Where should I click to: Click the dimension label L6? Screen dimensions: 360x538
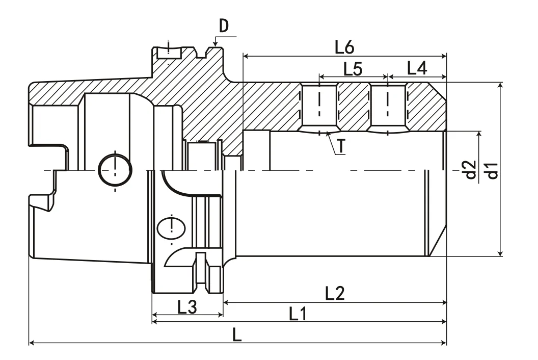(x=344, y=47)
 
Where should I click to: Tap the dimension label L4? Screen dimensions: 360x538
(x=417, y=68)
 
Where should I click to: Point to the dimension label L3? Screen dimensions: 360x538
(x=187, y=307)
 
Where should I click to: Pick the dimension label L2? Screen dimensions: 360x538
(x=336, y=293)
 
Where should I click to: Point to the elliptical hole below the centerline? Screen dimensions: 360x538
(x=172, y=227)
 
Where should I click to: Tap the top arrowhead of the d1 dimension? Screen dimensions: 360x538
(x=501, y=85)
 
